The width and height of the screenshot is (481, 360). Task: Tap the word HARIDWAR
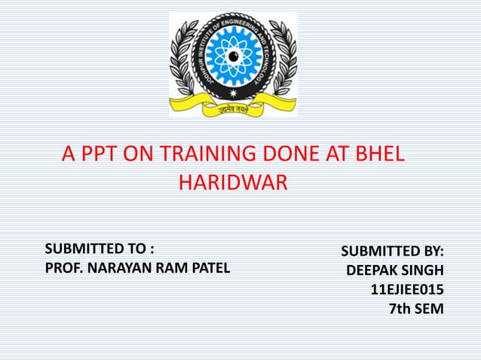pos(233,183)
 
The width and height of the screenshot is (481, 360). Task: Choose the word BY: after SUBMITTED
pos(430,251)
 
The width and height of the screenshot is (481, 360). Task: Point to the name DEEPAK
pos(372,270)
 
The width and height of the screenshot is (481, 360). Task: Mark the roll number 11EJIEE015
pos(407,288)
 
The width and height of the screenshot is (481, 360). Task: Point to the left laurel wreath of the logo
pos(185,60)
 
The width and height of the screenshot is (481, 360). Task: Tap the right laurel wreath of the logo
pos(282,60)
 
